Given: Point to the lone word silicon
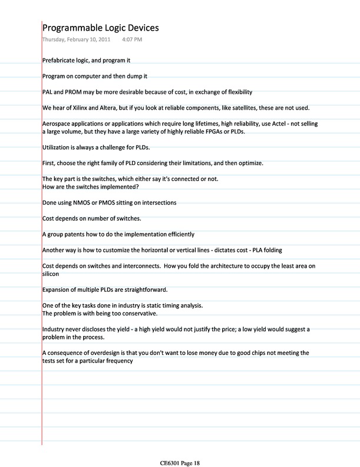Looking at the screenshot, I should [51, 274].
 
